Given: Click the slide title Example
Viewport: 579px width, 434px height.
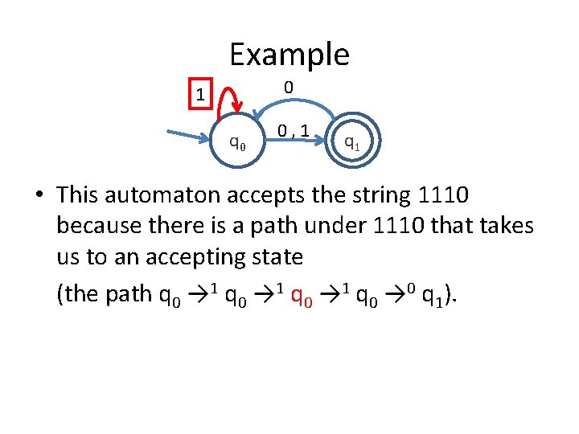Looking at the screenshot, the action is point(289,55).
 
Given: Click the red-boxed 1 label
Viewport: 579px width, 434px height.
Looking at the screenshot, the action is point(199,94).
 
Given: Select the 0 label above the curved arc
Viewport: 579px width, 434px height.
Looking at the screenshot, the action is point(288,87).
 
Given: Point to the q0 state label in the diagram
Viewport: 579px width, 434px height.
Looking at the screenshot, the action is point(237,144).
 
